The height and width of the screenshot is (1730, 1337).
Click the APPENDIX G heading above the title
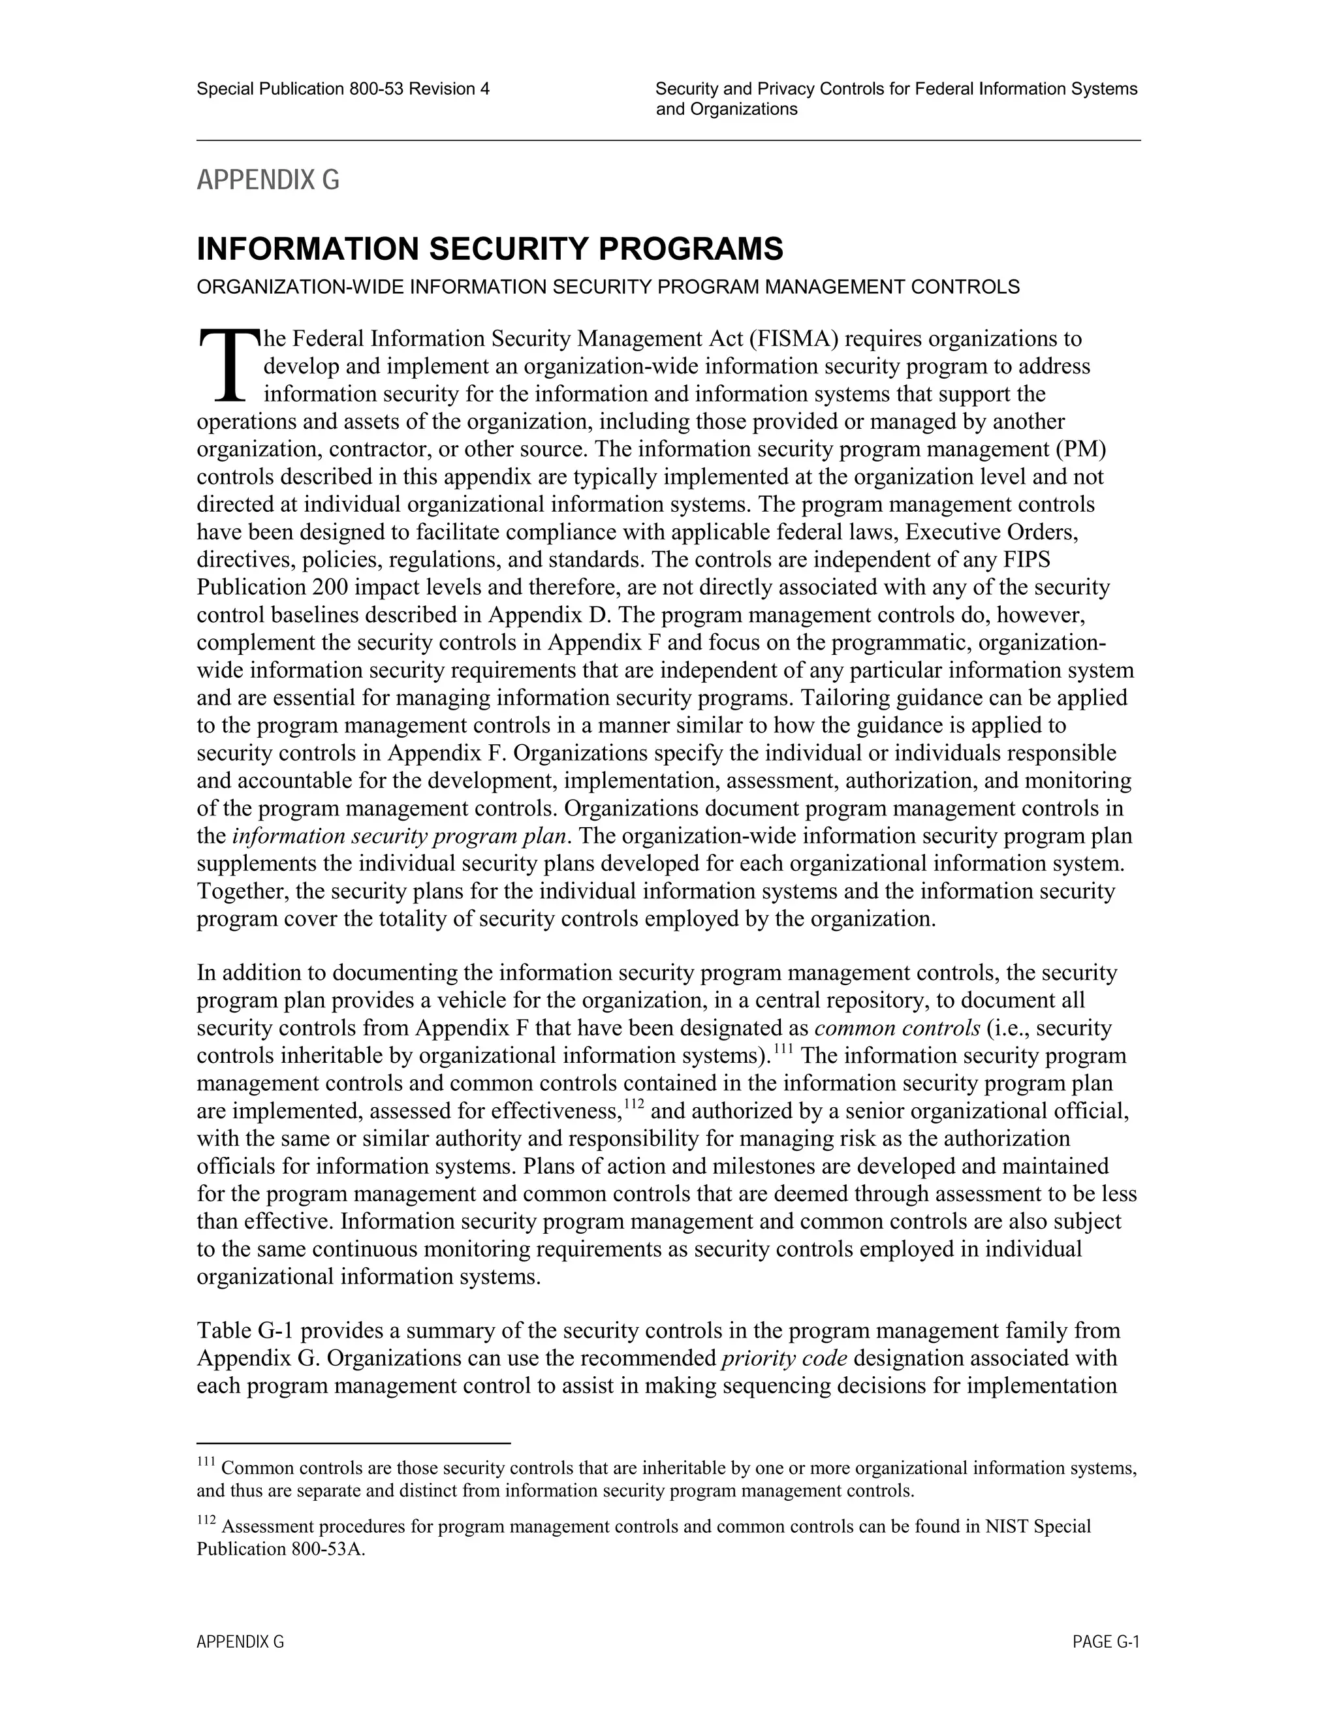tap(268, 181)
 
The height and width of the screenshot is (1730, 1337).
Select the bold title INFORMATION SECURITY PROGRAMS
tap(490, 249)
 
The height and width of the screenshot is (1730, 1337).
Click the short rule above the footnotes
tap(353, 1443)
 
